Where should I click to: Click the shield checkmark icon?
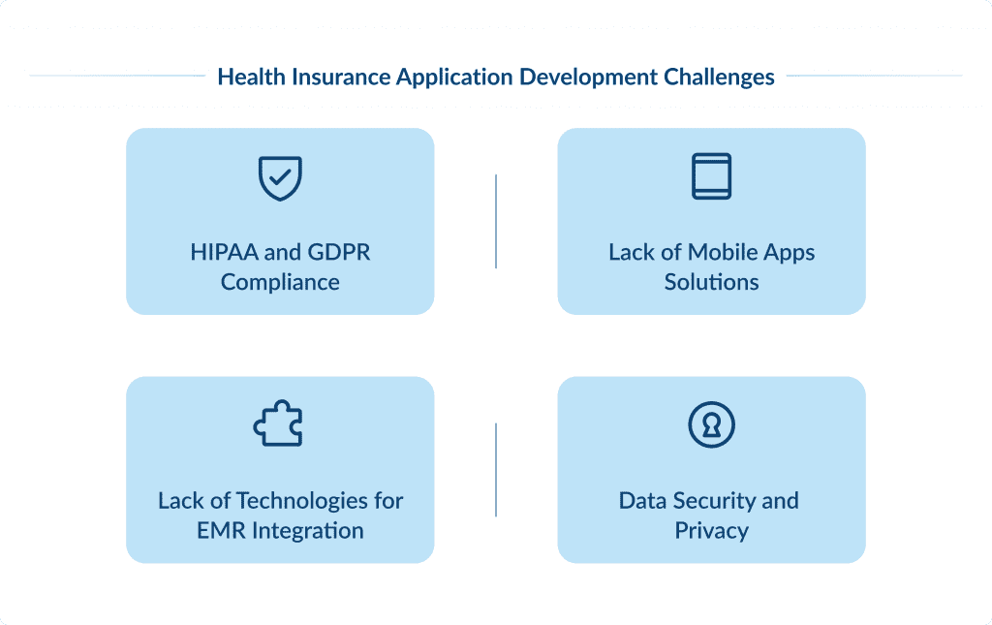point(280,178)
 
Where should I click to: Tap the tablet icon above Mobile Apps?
point(711,176)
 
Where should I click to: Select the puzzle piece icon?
point(279,424)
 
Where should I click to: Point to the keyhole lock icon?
point(711,424)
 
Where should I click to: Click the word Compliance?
point(280,283)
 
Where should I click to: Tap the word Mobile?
point(722,253)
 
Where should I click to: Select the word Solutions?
point(711,283)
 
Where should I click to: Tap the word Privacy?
point(711,531)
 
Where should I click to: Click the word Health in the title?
point(247,77)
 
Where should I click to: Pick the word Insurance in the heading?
point(327,77)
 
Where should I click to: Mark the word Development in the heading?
point(586,77)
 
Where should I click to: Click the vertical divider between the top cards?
point(496,221)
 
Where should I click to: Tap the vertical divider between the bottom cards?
point(496,469)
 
